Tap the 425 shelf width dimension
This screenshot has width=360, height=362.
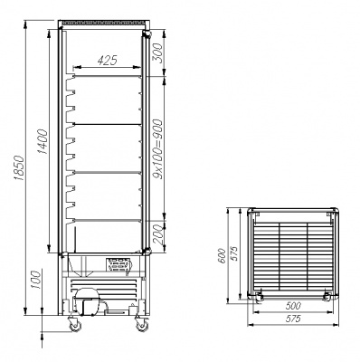tap(108, 62)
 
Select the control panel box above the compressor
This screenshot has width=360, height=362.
tap(118, 264)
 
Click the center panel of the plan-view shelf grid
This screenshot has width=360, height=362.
tap(291, 254)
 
